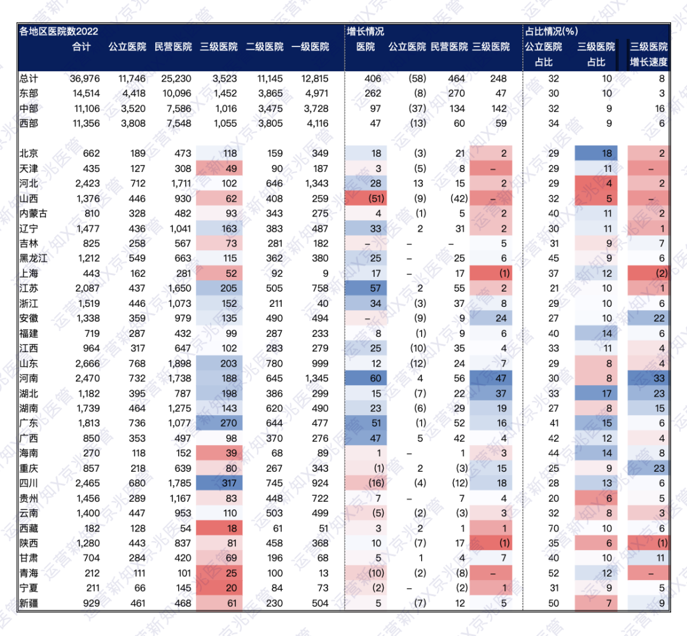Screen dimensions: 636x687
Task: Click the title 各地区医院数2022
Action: click(59, 31)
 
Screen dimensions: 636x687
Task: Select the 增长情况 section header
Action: click(365, 31)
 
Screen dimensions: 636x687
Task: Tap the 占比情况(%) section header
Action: click(551, 31)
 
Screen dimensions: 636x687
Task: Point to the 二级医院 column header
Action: click(264, 46)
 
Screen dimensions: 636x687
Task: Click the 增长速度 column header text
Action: click(649, 62)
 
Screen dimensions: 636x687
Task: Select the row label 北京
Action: click(29, 153)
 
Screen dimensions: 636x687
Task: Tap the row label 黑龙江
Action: click(34, 258)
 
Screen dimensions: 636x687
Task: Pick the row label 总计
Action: click(29, 79)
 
